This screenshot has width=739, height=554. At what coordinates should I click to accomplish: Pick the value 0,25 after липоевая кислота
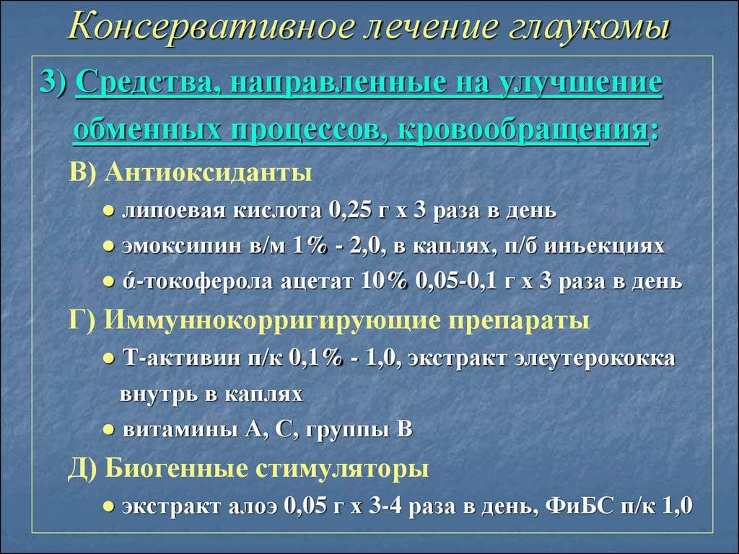[349, 211]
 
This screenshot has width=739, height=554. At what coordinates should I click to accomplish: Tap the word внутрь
[151, 395]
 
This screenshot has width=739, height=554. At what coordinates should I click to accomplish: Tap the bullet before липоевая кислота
[108, 211]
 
